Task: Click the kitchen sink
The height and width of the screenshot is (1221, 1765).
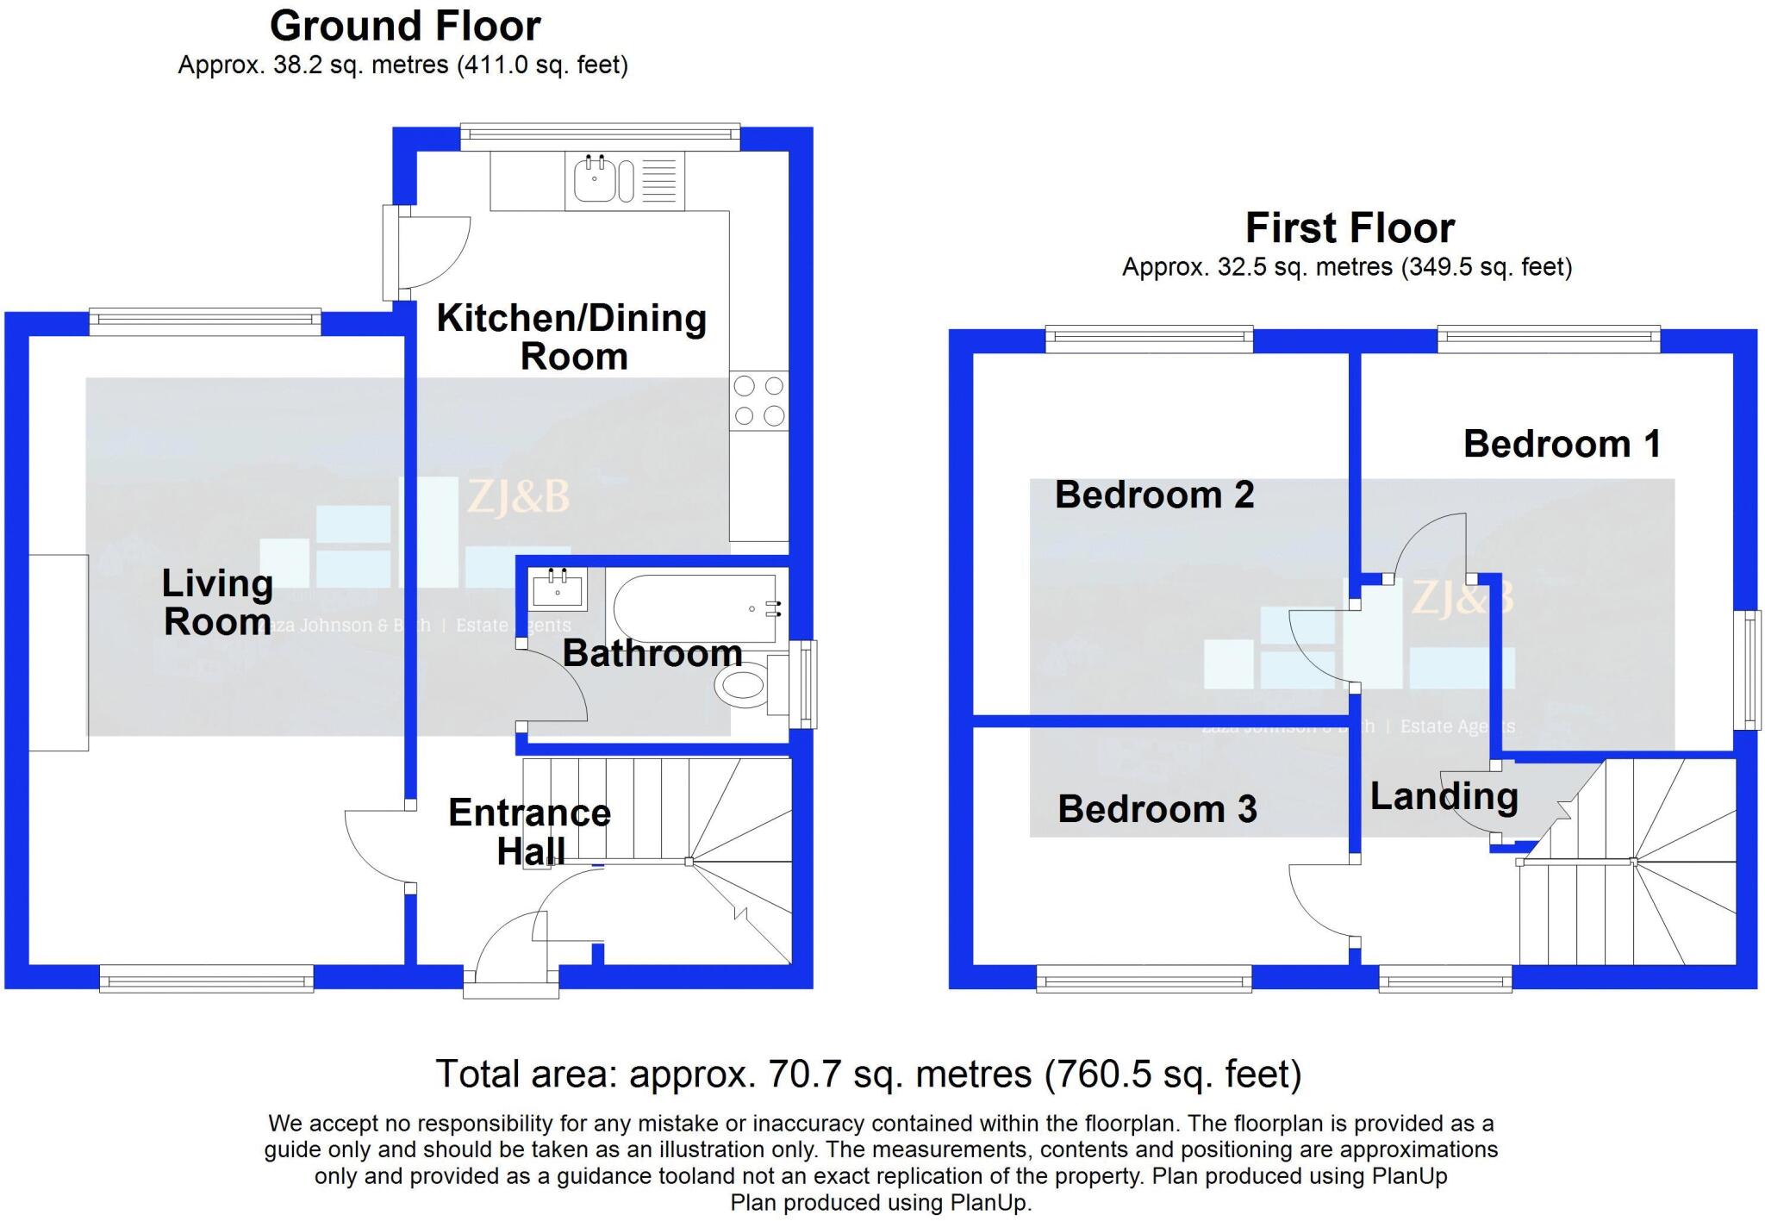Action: pos(595,179)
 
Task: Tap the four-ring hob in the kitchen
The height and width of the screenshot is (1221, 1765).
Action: pos(758,401)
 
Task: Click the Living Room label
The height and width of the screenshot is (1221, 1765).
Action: pos(217,602)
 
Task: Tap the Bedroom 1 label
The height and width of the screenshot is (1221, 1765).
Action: pos(1561,444)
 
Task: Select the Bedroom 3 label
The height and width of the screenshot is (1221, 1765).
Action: pos(1157,809)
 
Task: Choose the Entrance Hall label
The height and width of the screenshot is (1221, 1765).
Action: pos(529,832)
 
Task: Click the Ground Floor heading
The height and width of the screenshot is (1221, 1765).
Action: pos(405,26)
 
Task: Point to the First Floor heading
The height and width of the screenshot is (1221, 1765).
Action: pos(1350,228)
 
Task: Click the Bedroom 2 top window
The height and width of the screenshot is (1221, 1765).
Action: pos(1149,338)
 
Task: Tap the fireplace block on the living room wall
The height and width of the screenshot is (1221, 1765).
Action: pos(59,652)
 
